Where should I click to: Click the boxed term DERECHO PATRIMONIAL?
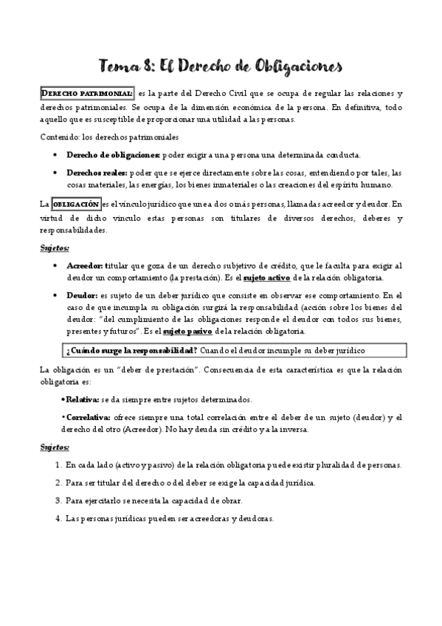tap(86, 94)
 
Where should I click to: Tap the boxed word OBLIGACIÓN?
tap(75, 203)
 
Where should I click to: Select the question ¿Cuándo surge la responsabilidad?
tap(129, 349)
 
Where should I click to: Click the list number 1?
tap(58, 465)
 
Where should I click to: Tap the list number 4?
tap(58, 518)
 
